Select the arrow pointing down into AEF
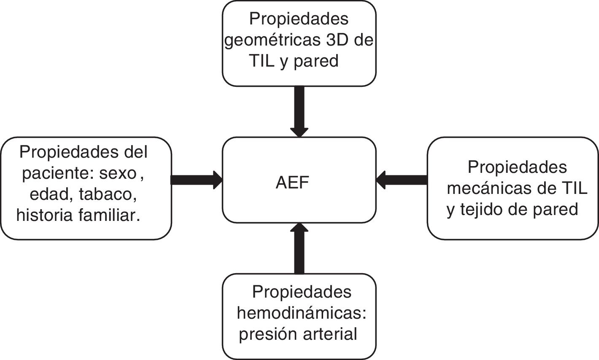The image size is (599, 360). (x=299, y=111)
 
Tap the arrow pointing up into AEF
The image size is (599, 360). (x=299, y=249)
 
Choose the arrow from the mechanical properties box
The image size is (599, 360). (x=402, y=180)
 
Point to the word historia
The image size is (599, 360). (x=44, y=215)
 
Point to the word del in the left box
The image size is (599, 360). (x=138, y=152)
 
